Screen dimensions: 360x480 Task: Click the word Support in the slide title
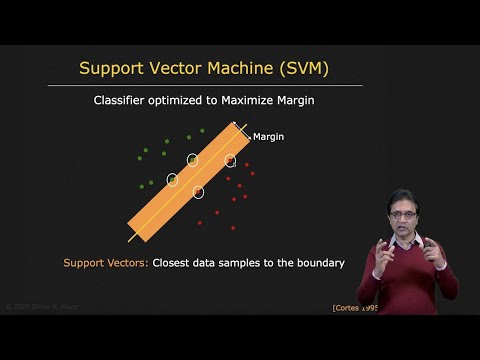click(x=114, y=68)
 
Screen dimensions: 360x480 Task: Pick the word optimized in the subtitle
click(x=183, y=101)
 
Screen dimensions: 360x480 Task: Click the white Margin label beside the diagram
click(x=269, y=137)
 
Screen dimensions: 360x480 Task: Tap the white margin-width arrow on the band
click(x=241, y=131)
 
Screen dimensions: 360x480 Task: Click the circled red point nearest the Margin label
click(x=230, y=160)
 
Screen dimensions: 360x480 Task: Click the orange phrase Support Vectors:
click(x=105, y=263)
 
